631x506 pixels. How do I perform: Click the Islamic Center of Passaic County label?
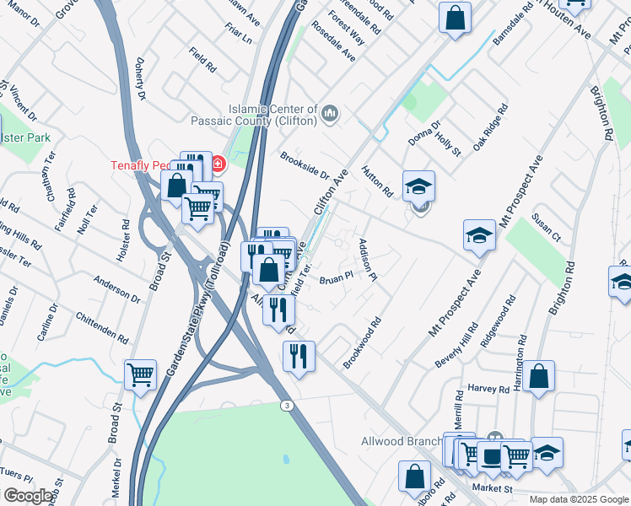(x=272, y=115)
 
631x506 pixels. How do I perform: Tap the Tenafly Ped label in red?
(x=148, y=165)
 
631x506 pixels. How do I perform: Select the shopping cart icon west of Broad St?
(x=141, y=374)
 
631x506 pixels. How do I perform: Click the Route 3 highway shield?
(x=289, y=406)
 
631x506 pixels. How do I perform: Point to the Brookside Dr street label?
(x=305, y=166)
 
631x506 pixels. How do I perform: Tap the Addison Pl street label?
(x=366, y=259)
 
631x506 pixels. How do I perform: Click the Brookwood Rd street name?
(x=363, y=342)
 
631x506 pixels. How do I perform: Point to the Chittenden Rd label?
(x=102, y=326)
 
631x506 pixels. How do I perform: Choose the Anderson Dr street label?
(x=117, y=288)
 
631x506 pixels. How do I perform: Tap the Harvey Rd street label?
(x=489, y=390)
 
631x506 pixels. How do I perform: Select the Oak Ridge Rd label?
(x=490, y=127)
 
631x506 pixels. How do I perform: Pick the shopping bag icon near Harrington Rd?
(x=538, y=376)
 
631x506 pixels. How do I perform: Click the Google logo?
(x=28, y=496)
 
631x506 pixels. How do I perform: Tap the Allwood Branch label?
(x=402, y=441)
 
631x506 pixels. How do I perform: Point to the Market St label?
(x=493, y=488)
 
